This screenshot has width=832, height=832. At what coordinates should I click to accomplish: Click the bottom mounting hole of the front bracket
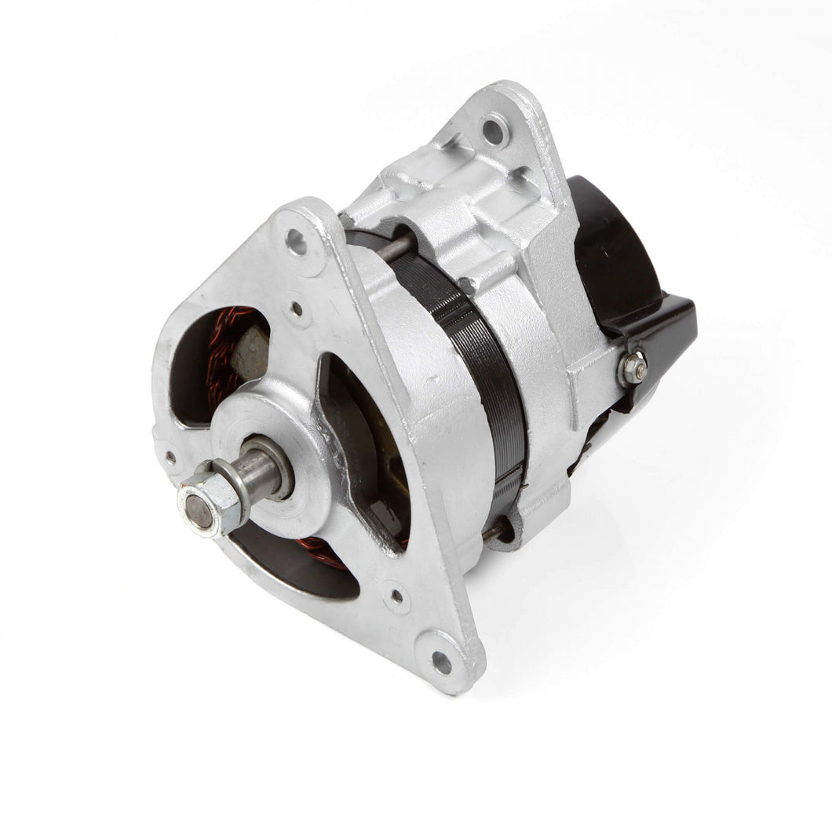pos(442,662)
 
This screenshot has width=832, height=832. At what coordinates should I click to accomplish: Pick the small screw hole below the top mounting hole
pos(297,309)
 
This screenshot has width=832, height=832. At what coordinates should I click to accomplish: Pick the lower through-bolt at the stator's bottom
pos(494,531)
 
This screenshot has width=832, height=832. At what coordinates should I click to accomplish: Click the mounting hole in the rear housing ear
pos(494,130)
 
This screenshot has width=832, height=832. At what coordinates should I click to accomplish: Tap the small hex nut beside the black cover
pos(633,367)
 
